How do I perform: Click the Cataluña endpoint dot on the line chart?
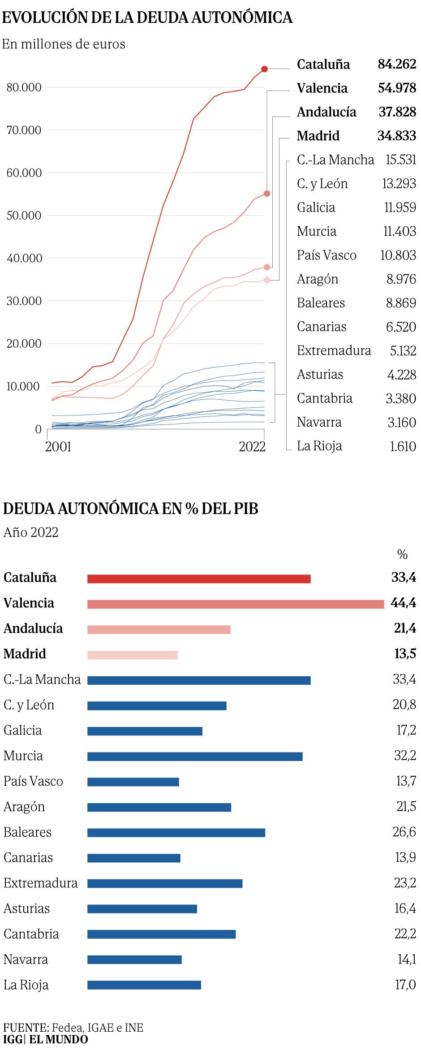point(265,69)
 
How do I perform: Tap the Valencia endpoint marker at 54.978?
point(267,194)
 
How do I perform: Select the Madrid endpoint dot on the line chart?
point(267,280)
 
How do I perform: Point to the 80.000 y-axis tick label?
point(24,87)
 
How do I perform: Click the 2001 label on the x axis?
point(58,446)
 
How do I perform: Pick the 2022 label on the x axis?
point(252,446)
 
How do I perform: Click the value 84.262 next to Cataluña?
point(397,64)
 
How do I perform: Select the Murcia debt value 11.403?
point(400,231)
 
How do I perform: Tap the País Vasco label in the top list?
point(326,255)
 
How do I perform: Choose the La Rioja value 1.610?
point(403,446)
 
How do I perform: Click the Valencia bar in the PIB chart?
point(236,604)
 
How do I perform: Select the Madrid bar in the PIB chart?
point(133,655)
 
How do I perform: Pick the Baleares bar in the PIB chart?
point(176,832)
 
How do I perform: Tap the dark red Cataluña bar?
point(199,579)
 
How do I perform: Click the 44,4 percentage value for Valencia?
point(403,603)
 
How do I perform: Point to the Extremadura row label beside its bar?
point(41,883)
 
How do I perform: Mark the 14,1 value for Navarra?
point(406,959)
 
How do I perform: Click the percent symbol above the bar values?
point(402,554)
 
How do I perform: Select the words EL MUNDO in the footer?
point(59,1039)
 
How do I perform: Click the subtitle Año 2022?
point(31,532)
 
